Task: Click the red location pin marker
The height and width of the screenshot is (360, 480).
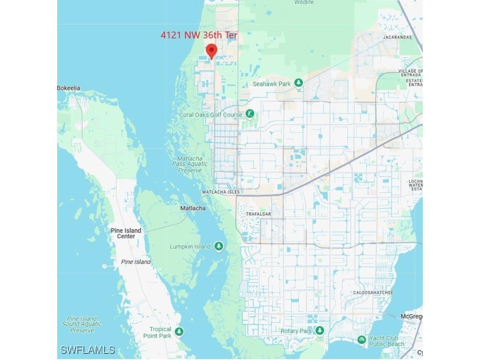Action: pyautogui.click(x=211, y=51)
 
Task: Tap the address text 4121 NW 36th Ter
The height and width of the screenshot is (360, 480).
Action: pyautogui.click(x=199, y=35)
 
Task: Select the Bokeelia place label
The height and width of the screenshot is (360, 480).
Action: pyautogui.click(x=69, y=88)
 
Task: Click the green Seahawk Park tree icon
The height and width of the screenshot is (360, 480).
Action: pyautogui.click(x=299, y=84)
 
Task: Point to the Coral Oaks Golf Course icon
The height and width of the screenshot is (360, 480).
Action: pyautogui.click(x=250, y=114)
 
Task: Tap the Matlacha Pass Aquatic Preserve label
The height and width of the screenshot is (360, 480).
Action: pyautogui.click(x=190, y=165)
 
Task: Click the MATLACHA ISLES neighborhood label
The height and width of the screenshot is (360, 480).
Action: pyautogui.click(x=221, y=192)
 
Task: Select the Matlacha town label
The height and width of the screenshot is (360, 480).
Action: pyautogui.click(x=193, y=208)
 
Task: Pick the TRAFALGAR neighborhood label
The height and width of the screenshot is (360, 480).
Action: pyautogui.click(x=259, y=214)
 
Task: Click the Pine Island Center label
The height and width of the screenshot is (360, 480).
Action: pyautogui.click(x=126, y=233)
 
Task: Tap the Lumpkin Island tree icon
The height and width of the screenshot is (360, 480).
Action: pyautogui.click(x=218, y=247)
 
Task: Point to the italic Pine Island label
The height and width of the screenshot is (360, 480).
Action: pyautogui.click(x=136, y=262)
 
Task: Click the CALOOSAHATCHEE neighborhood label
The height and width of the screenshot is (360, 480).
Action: pyautogui.click(x=373, y=292)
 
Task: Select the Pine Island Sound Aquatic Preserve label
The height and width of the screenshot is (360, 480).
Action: pyautogui.click(x=82, y=324)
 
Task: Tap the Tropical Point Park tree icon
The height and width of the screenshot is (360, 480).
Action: pyautogui.click(x=179, y=332)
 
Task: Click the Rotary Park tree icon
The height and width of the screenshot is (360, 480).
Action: pyautogui.click(x=320, y=331)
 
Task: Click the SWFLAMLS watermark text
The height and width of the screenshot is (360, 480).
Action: pyautogui.click(x=88, y=350)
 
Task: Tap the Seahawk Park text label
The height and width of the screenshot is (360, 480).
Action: pyautogui.click(x=272, y=84)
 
